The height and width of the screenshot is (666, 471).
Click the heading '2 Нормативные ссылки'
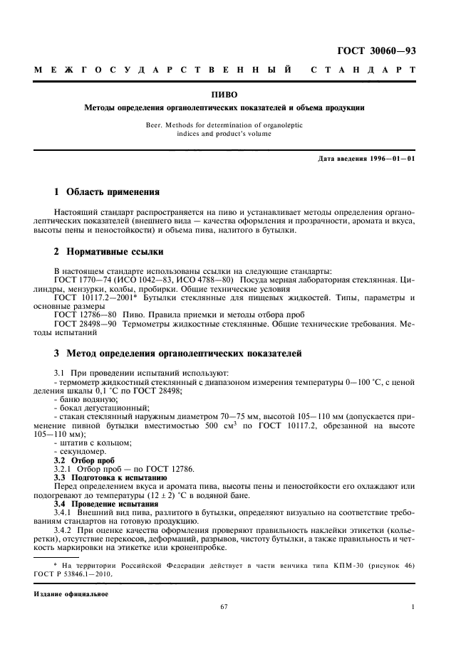(109, 252)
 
